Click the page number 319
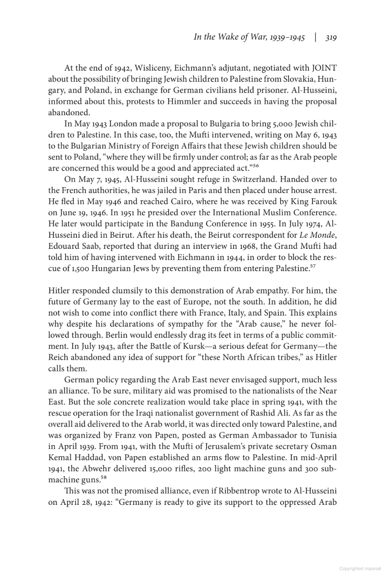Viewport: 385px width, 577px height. [331, 38]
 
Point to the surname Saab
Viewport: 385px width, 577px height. [86, 246]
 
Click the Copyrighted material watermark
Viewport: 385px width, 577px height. [360, 569]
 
